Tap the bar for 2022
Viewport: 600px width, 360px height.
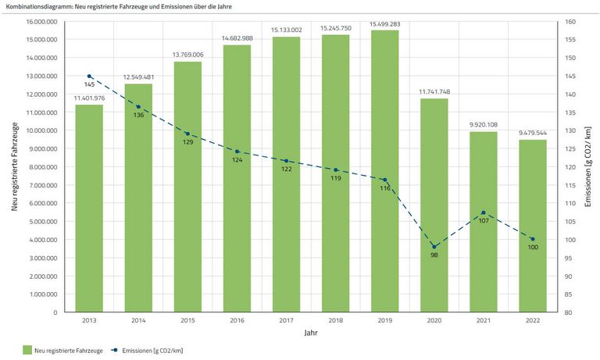click(x=533, y=226)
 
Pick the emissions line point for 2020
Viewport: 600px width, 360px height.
click(x=434, y=247)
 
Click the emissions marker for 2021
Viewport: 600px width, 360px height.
click(x=484, y=213)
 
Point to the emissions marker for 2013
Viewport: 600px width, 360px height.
click(x=89, y=76)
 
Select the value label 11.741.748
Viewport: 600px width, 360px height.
click(x=434, y=92)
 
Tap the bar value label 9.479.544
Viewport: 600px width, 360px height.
click(x=533, y=134)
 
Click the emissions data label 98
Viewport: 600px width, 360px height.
click(x=434, y=255)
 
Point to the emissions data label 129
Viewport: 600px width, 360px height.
click(x=187, y=142)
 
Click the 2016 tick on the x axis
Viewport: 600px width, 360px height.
click(x=237, y=319)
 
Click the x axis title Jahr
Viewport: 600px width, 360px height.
click(x=311, y=333)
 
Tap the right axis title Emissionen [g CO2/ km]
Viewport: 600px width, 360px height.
click(x=588, y=166)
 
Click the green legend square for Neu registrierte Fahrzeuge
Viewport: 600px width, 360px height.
click(x=27, y=351)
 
